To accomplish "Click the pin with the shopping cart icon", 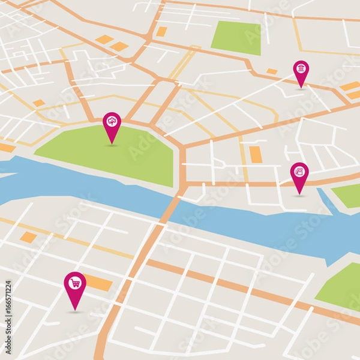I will point(75,284).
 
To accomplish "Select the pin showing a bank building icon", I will point(301,70).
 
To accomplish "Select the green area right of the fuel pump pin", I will point(349,196).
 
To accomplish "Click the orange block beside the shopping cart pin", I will point(98,283).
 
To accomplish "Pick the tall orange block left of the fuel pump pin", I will point(256,154).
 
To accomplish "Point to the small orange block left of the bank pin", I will point(272,71).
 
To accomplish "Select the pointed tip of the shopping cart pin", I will point(75,308).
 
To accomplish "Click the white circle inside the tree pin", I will point(112,121).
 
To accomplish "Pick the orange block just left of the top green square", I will point(161,31).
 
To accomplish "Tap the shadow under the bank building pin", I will point(301,89).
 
